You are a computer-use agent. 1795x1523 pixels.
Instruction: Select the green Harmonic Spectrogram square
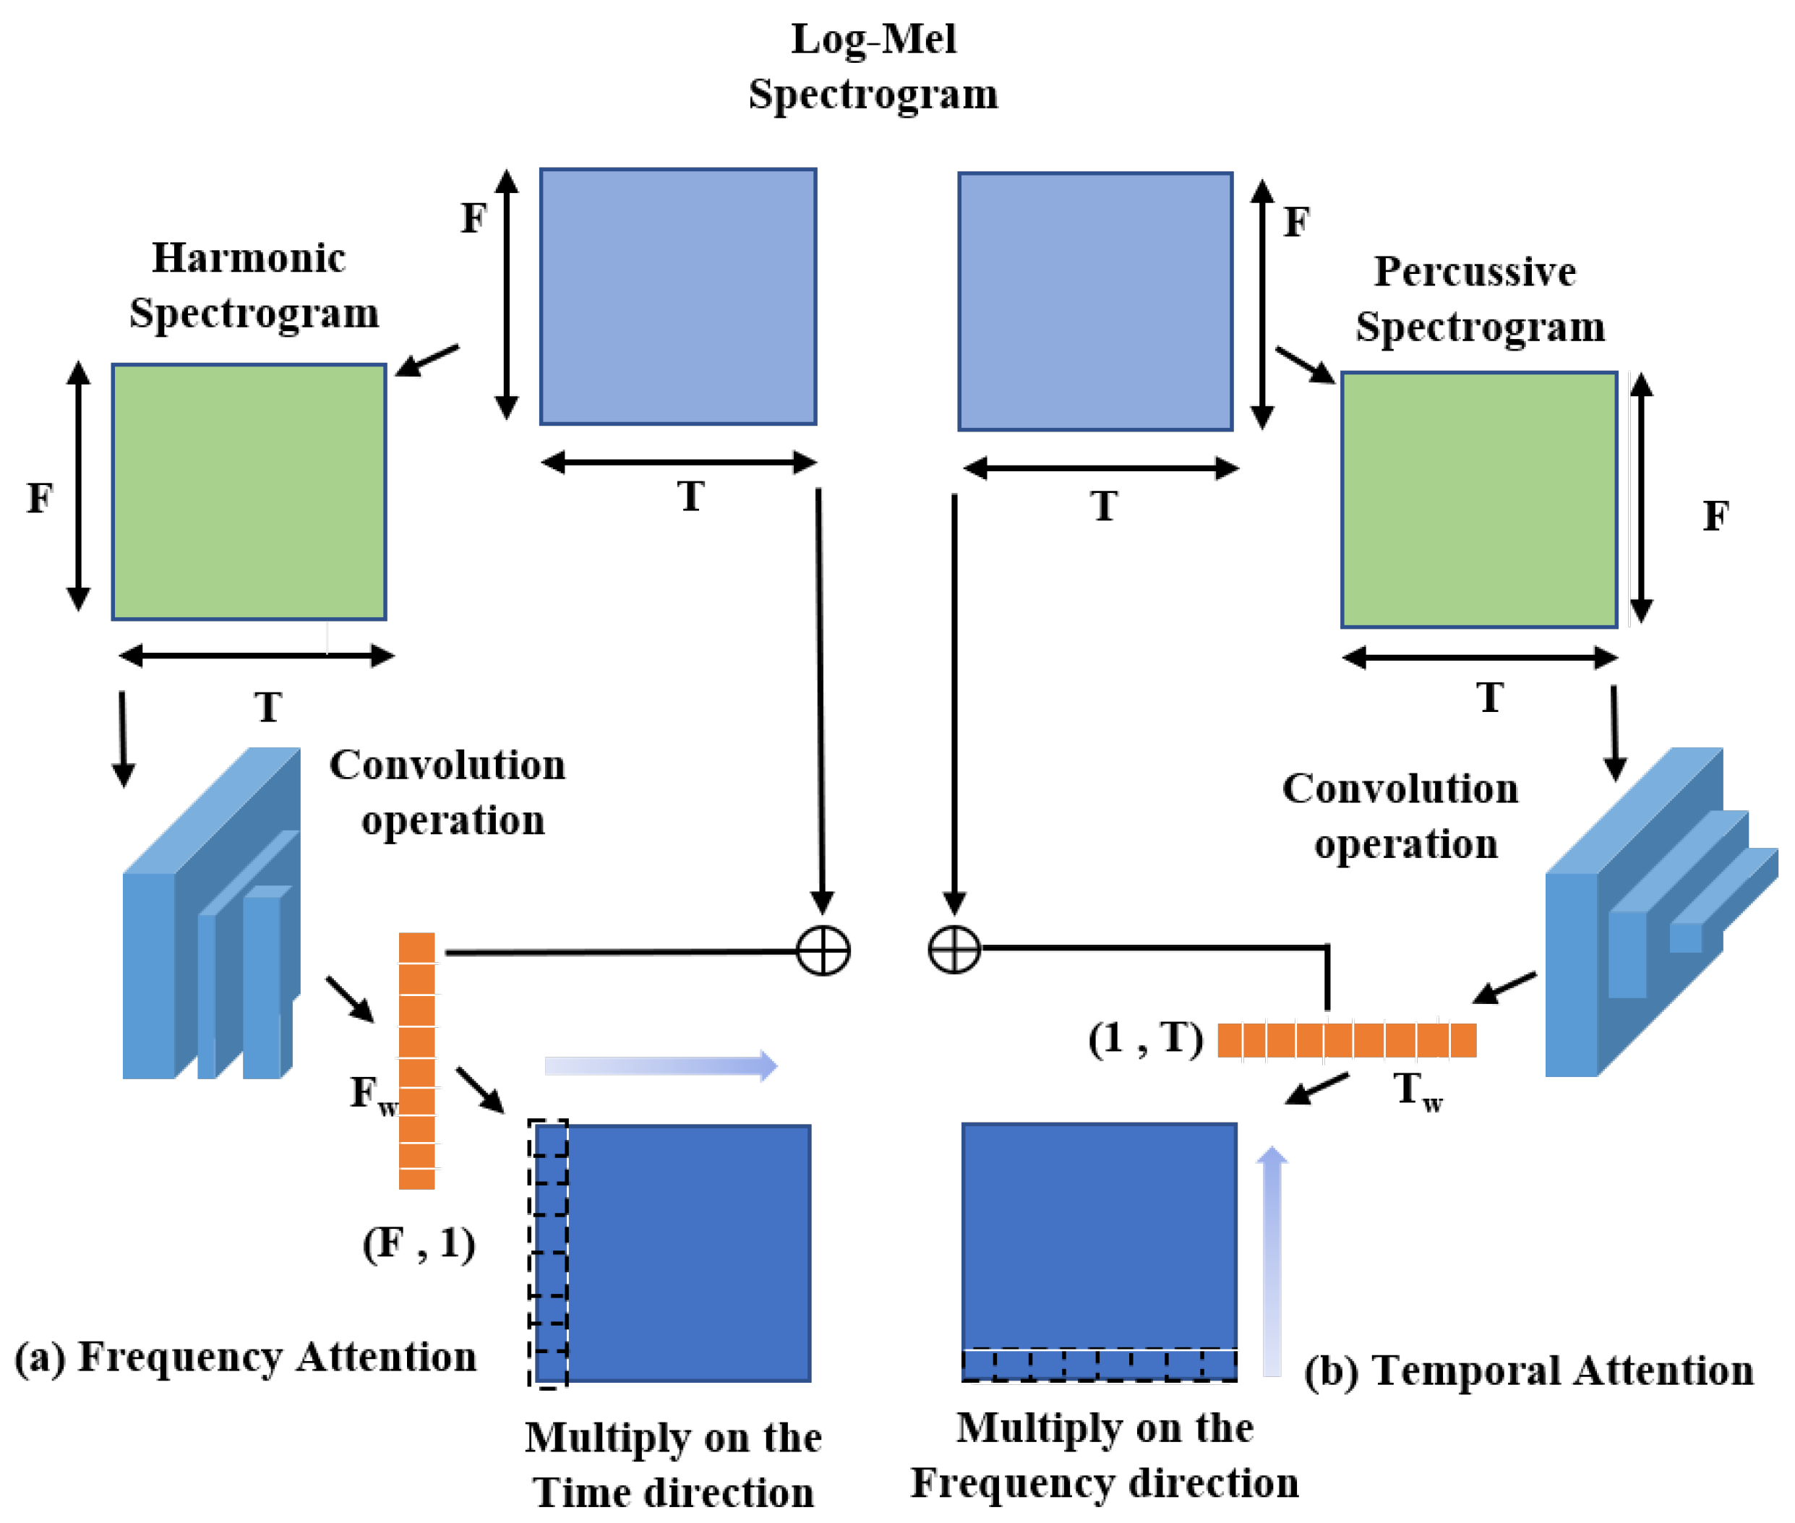pyautogui.click(x=249, y=492)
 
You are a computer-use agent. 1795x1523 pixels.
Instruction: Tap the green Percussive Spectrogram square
pyautogui.click(x=1478, y=499)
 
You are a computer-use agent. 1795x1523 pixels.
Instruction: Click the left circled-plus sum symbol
pyautogui.click(x=822, y=951)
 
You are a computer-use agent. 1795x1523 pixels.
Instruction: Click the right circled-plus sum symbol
pyautogui.click(x=954, y=950)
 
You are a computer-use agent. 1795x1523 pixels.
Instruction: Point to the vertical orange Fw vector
pyautogui.click(x=416, y=1060)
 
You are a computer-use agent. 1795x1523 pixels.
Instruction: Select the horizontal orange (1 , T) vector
pyautogui.click(x=1345, y=1039)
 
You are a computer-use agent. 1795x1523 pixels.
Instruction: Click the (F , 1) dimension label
pyautogui.click(x=419, y=1243)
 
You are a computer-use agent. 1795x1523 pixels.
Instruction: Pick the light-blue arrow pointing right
pyautogui.click(x=661, y=1065)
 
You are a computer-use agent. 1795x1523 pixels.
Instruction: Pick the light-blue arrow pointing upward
pyautogui.click(x=1271, y=1261)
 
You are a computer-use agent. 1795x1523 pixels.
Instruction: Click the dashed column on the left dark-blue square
pyautogui.click(x=548, y=1252)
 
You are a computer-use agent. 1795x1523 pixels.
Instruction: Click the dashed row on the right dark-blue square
pyautogui.click(x=1098, y=1364)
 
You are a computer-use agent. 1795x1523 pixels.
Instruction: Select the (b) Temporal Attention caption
pyautogui.click(x=1528, y=1370)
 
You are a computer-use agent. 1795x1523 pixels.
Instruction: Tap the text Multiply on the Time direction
pyautogui.click(x=672, y=1464)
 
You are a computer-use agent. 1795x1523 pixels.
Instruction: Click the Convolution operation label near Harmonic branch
pyautogui.click(x=449, y=791)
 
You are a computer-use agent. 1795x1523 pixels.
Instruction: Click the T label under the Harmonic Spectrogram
pyautogui.click(x=267, y=707)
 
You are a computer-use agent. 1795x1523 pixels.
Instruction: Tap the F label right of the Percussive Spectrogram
pyautogui.click(x=1715, y=516)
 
